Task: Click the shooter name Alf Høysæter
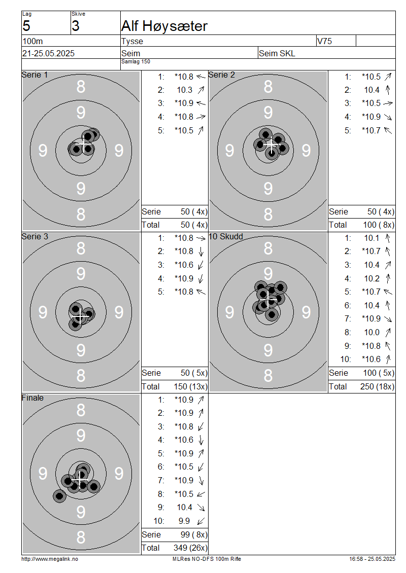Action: click(x=164, y=26)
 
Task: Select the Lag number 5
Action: click(x=26, y=26)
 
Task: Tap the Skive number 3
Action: click(x=75, y=26)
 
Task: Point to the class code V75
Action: click(x=324, y=41)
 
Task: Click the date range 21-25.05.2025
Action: click(x=48, y=53)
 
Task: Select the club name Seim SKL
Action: click(x=277, y=53)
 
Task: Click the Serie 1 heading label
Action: click(x=35, y=75)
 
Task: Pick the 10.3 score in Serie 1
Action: click(x=185, y=90)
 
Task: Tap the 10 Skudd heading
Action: click(x=226, y=236)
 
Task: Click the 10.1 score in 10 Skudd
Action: click(x=371, y=238)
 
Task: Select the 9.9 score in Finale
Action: click(x=184, y=521)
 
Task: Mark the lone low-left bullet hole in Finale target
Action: click(x=59, y=496)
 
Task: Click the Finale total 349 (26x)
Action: click(x=190, y=548)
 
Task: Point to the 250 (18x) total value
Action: click(x=378, y=386)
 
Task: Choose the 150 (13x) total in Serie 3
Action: click(x=190, y=386)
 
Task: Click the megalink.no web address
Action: click(x=50, y=559)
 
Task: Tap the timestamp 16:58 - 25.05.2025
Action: click(x=373, y=559)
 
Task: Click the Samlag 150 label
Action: click(x=136, y=62)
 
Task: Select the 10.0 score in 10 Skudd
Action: click(x=371, y=333)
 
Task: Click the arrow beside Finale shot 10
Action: click(x=201, y=521)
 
